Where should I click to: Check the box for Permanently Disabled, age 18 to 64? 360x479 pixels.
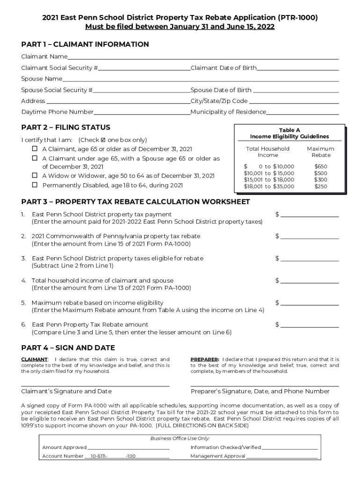pyautogui.click(x=35, y=185)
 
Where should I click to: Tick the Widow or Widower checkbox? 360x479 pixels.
pyautogui.click(x=35, y=175)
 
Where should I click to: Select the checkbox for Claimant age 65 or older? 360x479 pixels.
pyautogui.click(x=35, y=149)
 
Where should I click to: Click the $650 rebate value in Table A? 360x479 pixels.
pyautogui.click(x=321, y=167)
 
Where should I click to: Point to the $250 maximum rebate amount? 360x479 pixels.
pyautogui.click(x=321, y=187)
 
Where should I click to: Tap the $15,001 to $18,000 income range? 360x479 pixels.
pyautogui.click(x=269, y=180)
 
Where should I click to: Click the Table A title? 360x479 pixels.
pyautogui.click(x=289, y=130)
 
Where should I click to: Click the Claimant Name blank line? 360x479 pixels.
pyautogui.click(x=203, y=57)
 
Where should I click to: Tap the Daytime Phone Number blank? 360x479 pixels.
pyautogui.click(x=142, y=112)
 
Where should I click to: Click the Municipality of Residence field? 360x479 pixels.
pyautogui.click(x=302, y=112)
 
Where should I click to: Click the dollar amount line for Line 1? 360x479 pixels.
pyautogui.click(x=309, y=215)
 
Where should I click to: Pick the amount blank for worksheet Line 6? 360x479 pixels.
pyautogui.click(x=309, y=325)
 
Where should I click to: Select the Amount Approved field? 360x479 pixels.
pyautogui.click(x=128, y=448)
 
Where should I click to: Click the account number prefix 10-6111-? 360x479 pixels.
pyautogui.click(x=99, y=456)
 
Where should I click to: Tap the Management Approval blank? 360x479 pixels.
pyautogui.click(x=282, y=456)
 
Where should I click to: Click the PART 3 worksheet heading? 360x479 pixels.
pyautogui.click(x=136, y=202)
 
